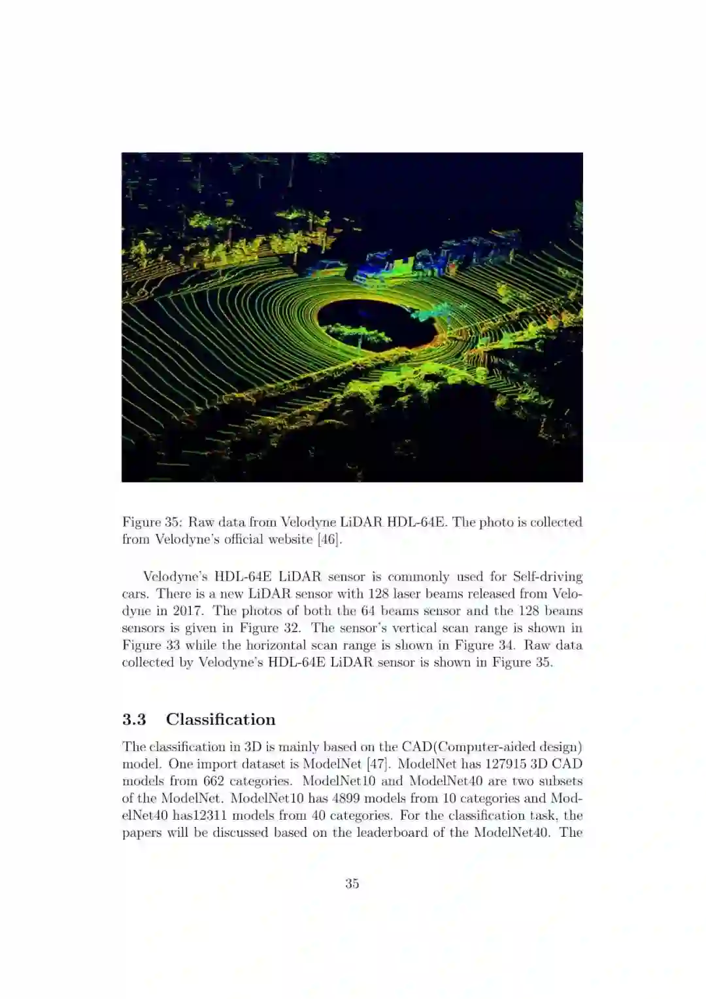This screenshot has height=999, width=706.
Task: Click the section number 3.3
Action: click(134, 720)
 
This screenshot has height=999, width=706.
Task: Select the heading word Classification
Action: click(220, 720)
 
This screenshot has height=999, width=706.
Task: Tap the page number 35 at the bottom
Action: click(352, 883)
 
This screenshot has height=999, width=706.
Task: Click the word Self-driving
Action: click(548, 576)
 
